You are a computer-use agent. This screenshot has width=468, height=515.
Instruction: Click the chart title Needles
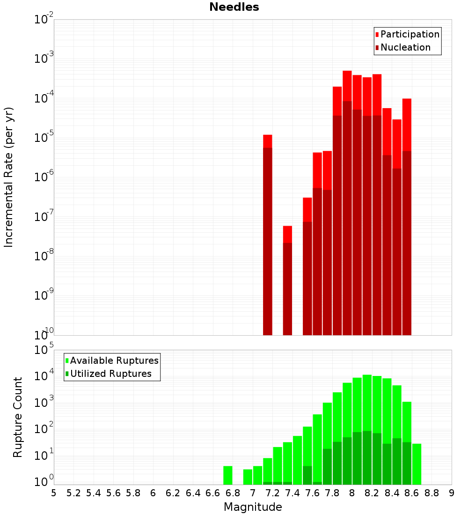tap(234, 7)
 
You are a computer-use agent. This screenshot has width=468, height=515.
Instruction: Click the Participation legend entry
tap(409, 34)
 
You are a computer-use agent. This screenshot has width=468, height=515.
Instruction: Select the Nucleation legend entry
tap(405, 47)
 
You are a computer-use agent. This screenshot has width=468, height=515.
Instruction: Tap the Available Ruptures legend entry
tap(114, 360)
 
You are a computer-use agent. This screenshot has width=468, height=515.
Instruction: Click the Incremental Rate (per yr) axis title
tap(8, 177)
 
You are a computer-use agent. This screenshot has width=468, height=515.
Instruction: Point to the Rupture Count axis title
tap(18, 417)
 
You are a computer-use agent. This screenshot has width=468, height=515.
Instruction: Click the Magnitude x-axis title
tap(253, 507)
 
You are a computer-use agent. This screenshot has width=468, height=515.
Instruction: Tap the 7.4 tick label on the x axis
tap(292, 493)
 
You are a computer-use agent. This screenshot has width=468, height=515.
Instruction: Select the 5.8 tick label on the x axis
tap(133, 493)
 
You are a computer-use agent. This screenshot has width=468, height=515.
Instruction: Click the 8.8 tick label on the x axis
tap(432, 493)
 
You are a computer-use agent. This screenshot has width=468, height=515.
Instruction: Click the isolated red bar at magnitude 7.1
tap(268, 234)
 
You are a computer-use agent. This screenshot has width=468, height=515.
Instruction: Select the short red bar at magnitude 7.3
tap(287, 281)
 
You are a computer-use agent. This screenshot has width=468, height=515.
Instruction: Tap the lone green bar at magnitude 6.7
tap(228, 475)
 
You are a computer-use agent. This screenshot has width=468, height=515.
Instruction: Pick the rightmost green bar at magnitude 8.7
tap(417, 464)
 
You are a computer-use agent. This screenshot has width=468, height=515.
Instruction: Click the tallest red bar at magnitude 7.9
tap(347, 201)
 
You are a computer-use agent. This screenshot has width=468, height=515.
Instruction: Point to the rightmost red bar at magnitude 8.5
tap(407, 215)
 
